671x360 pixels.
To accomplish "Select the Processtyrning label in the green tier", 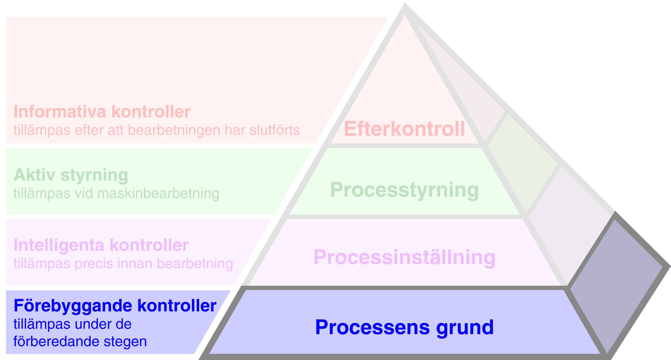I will (x=404, y=190).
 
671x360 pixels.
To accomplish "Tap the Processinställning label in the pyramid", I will (x=404, y=257).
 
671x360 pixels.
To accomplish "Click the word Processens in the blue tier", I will (x=372, y=327).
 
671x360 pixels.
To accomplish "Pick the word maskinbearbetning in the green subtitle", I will (x=158, y=194).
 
